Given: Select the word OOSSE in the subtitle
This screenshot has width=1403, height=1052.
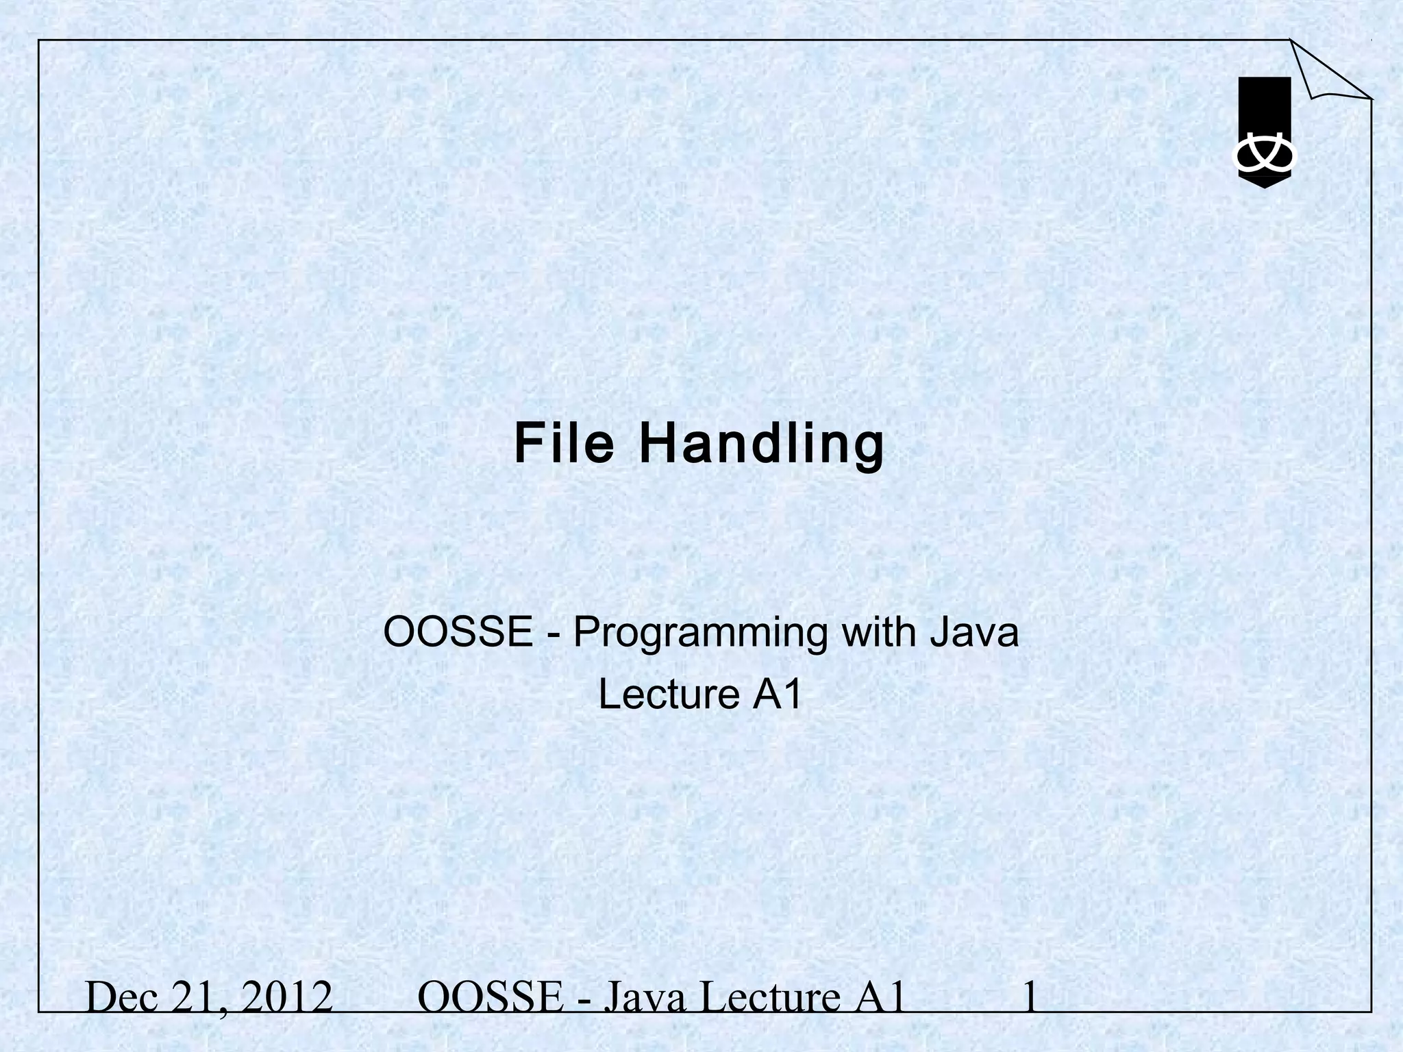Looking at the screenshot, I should [x=458, y=631].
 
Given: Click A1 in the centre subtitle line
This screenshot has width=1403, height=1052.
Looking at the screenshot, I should [x=778, y=694].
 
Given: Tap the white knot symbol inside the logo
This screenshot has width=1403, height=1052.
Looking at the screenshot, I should [x=1264, y=157].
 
